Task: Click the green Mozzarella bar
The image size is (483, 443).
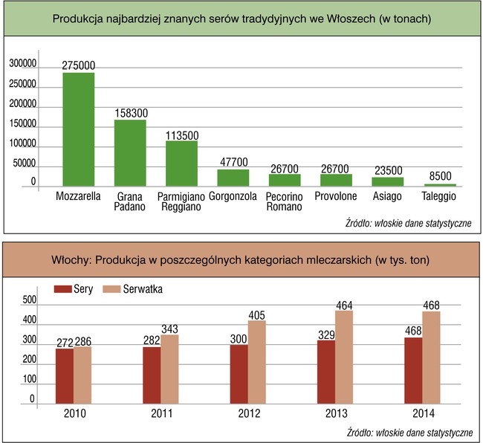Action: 78,128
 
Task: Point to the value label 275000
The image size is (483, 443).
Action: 78,66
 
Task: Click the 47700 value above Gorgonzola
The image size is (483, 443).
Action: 233,162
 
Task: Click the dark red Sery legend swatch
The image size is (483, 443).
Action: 63,289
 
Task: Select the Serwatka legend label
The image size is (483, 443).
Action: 142,289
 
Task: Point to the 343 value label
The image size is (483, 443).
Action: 169,329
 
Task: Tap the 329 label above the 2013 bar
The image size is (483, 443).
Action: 326,334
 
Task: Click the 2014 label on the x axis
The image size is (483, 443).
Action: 423,414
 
